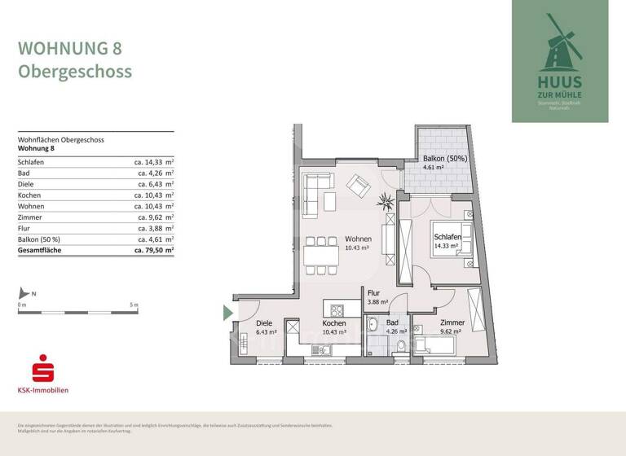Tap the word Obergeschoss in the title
point(75,72)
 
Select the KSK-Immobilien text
point(43,390)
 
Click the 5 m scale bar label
point(134,305)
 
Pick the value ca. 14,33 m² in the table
point(154,162)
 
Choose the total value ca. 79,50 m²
point(152,251)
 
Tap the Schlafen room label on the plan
point(447,237)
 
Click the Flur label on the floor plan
point(374,293)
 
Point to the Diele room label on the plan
point(266,323)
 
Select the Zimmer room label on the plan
point(452,322)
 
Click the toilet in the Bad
point(400,346)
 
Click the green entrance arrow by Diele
point(227,311)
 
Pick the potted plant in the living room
point(386,201)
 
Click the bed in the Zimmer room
point(440,344)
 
